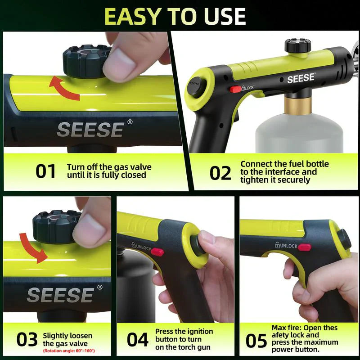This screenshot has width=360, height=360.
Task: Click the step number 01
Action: (x=45, y=171)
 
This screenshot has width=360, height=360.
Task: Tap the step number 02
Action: (x=220, y=173)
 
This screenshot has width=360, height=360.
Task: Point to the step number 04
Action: (x=137, y=340)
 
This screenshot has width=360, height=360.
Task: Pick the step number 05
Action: (x=256, y=341)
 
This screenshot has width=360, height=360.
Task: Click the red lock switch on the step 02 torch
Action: (x=235, y=89)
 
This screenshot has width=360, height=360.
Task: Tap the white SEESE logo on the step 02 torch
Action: (x=301, y=79)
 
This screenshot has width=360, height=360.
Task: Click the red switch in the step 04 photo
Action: (x=157, y=252)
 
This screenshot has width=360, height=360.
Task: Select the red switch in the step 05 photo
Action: (x=305, y=247)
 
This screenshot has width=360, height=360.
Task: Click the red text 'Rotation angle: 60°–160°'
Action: (x=69, y=351)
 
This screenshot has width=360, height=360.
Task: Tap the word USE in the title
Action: (x=222, y=16)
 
